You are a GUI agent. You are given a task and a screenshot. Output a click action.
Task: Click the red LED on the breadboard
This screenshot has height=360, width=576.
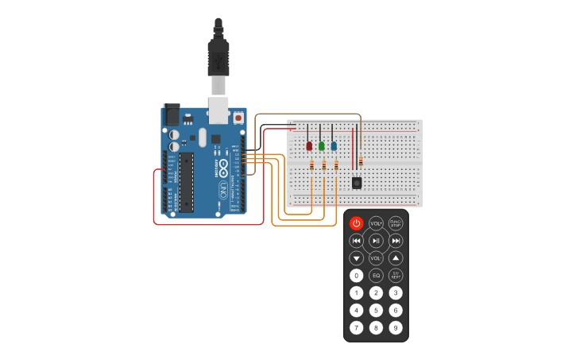309,145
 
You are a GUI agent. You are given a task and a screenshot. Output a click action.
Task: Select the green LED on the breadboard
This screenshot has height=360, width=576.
321,145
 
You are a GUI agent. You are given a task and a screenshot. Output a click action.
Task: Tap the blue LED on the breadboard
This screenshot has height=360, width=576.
333,145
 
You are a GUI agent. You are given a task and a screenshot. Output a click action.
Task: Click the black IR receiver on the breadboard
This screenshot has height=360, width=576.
357,183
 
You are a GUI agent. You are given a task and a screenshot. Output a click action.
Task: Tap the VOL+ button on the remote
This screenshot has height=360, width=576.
376,224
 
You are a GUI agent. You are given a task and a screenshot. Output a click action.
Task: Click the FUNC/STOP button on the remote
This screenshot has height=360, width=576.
396,224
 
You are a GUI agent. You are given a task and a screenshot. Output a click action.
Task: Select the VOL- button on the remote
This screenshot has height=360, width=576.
376,258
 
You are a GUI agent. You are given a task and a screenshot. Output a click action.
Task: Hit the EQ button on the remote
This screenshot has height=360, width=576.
376,276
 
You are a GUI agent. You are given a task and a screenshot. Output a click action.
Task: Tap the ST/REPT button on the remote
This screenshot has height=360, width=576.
396,276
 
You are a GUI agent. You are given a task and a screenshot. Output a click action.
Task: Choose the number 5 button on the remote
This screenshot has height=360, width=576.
376,310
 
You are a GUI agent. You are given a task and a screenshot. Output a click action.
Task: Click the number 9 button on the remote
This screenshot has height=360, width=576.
396,327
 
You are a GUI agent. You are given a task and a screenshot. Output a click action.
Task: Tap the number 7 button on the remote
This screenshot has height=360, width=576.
356,327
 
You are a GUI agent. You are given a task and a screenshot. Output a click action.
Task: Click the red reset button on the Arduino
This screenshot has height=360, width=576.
238,118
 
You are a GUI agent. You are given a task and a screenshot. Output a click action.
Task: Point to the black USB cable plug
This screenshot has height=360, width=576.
218,56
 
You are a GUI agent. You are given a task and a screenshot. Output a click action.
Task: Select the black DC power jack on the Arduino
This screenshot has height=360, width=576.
172,114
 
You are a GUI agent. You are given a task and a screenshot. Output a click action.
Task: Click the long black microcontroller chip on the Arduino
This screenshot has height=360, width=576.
186,182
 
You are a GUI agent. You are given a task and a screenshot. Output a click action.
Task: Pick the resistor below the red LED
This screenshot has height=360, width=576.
311,165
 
